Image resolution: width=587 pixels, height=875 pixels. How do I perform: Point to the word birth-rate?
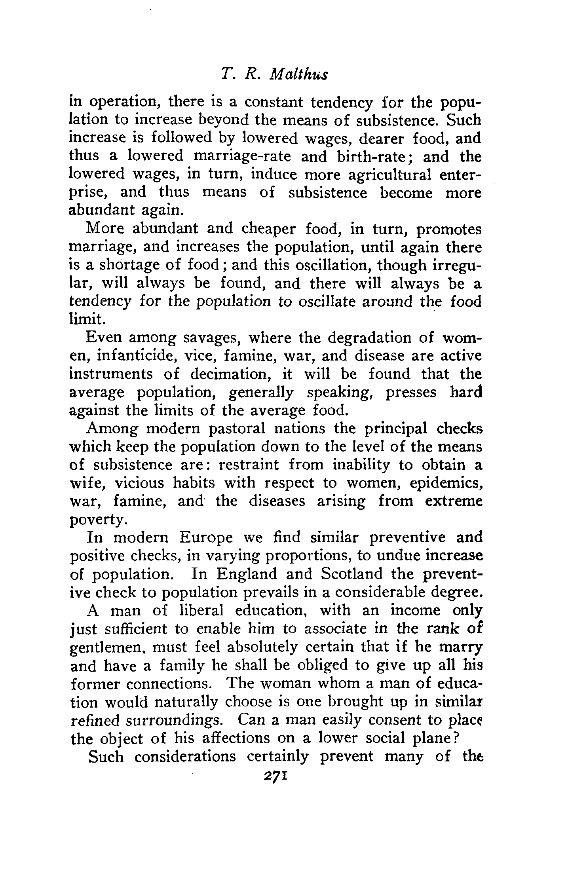[370, 156]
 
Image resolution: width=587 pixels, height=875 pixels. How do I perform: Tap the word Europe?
[206, 538]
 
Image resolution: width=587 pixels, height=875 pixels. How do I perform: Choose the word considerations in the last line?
[185, 757]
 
